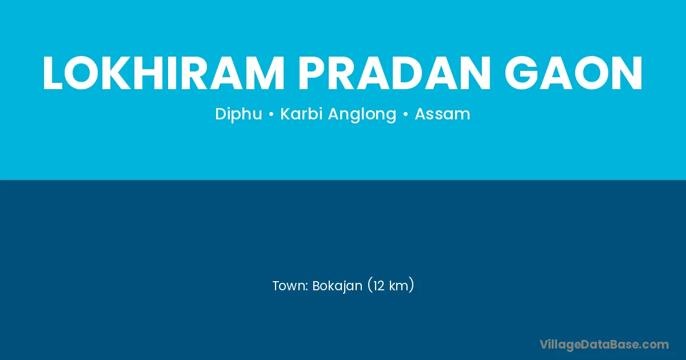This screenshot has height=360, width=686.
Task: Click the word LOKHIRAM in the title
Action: pyautogui.click(x=163, y=73)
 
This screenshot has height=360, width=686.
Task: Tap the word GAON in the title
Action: pyautogui.click(x=573, y=73)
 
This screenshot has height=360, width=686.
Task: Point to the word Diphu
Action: pyautogui.click(x=238, y=114)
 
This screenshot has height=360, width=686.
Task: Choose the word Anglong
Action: pyautogui.click(x=362, y=114)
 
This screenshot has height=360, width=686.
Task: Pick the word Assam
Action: pyautogui.click(x=442, y=114)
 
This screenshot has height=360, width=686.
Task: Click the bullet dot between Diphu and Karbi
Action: pyautogui.click(x=271, y=115)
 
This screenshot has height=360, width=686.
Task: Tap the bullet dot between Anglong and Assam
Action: pyautogui.click(x=406, y=115)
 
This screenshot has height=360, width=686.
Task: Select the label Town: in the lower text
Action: pyautogui.click(x=290, y=286)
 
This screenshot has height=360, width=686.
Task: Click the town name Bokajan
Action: pyautogui.click(x=337, y=286)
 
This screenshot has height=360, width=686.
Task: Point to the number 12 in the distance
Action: pyautogui.click(x=379, y=286)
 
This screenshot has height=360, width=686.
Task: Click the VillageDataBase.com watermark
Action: pyautogui.click(x=604, y=345)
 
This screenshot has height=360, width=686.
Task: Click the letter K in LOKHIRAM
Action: pyautogui.click(x=115, y=73)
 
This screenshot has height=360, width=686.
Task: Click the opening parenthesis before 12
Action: pyautogui.click(x=370, y=286)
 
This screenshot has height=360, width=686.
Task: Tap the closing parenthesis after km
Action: pyautogui.click(x=411, y=286)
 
